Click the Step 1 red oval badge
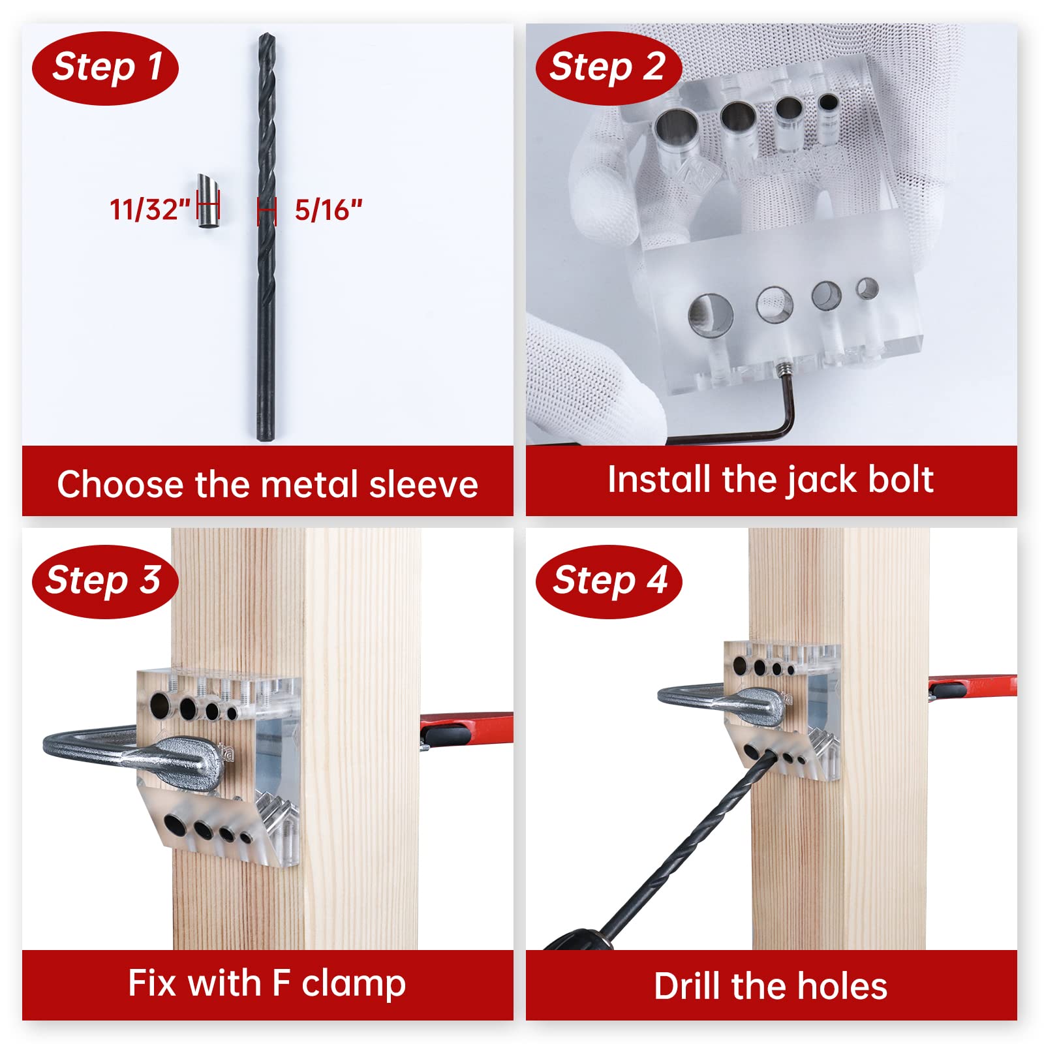tap(105, 68)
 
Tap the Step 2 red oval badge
tap(608, 68)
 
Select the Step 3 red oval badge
tap(104, 581)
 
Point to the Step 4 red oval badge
tap(608, 581)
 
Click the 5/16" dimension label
tap(328, 210)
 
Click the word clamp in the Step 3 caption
tap(354, 984)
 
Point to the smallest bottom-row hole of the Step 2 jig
tap(867, 288)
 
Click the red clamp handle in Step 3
tap(467, 728)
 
